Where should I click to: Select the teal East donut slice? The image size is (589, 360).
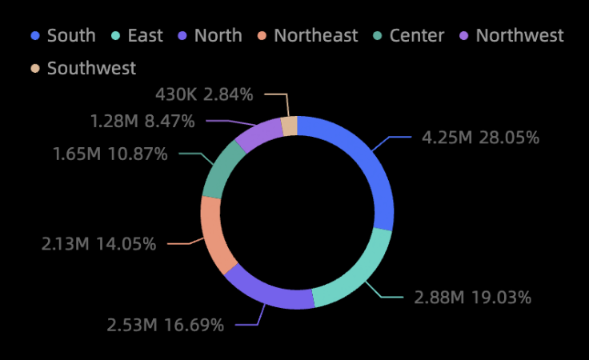[x=357, y=276]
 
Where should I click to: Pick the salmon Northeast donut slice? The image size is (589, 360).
[x=215, y=233]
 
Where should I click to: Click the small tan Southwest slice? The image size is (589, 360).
[x=290, y=126]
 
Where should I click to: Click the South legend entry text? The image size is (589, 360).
[x=71, y=35]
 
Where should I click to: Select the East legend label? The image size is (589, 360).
[x=145, y=35]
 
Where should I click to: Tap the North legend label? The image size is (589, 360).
[x=218, y=35]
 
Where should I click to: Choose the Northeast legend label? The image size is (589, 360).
[x=315, y=35]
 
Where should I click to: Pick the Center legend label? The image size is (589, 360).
[x=416, y=35]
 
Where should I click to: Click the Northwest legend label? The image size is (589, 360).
[x=519, y=35]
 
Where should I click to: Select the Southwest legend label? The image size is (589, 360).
[x=91, y=68]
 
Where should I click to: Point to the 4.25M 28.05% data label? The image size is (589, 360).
[x=480, y=138]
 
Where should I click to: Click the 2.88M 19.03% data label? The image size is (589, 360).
[x=472, y=298]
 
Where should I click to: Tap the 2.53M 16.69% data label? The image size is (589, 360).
[x=166, y=325]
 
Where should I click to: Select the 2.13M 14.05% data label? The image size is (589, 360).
[x=99, y=244]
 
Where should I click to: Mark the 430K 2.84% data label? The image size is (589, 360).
[x=204, y=94]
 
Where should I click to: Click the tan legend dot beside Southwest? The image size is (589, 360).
[x=35, y=68]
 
